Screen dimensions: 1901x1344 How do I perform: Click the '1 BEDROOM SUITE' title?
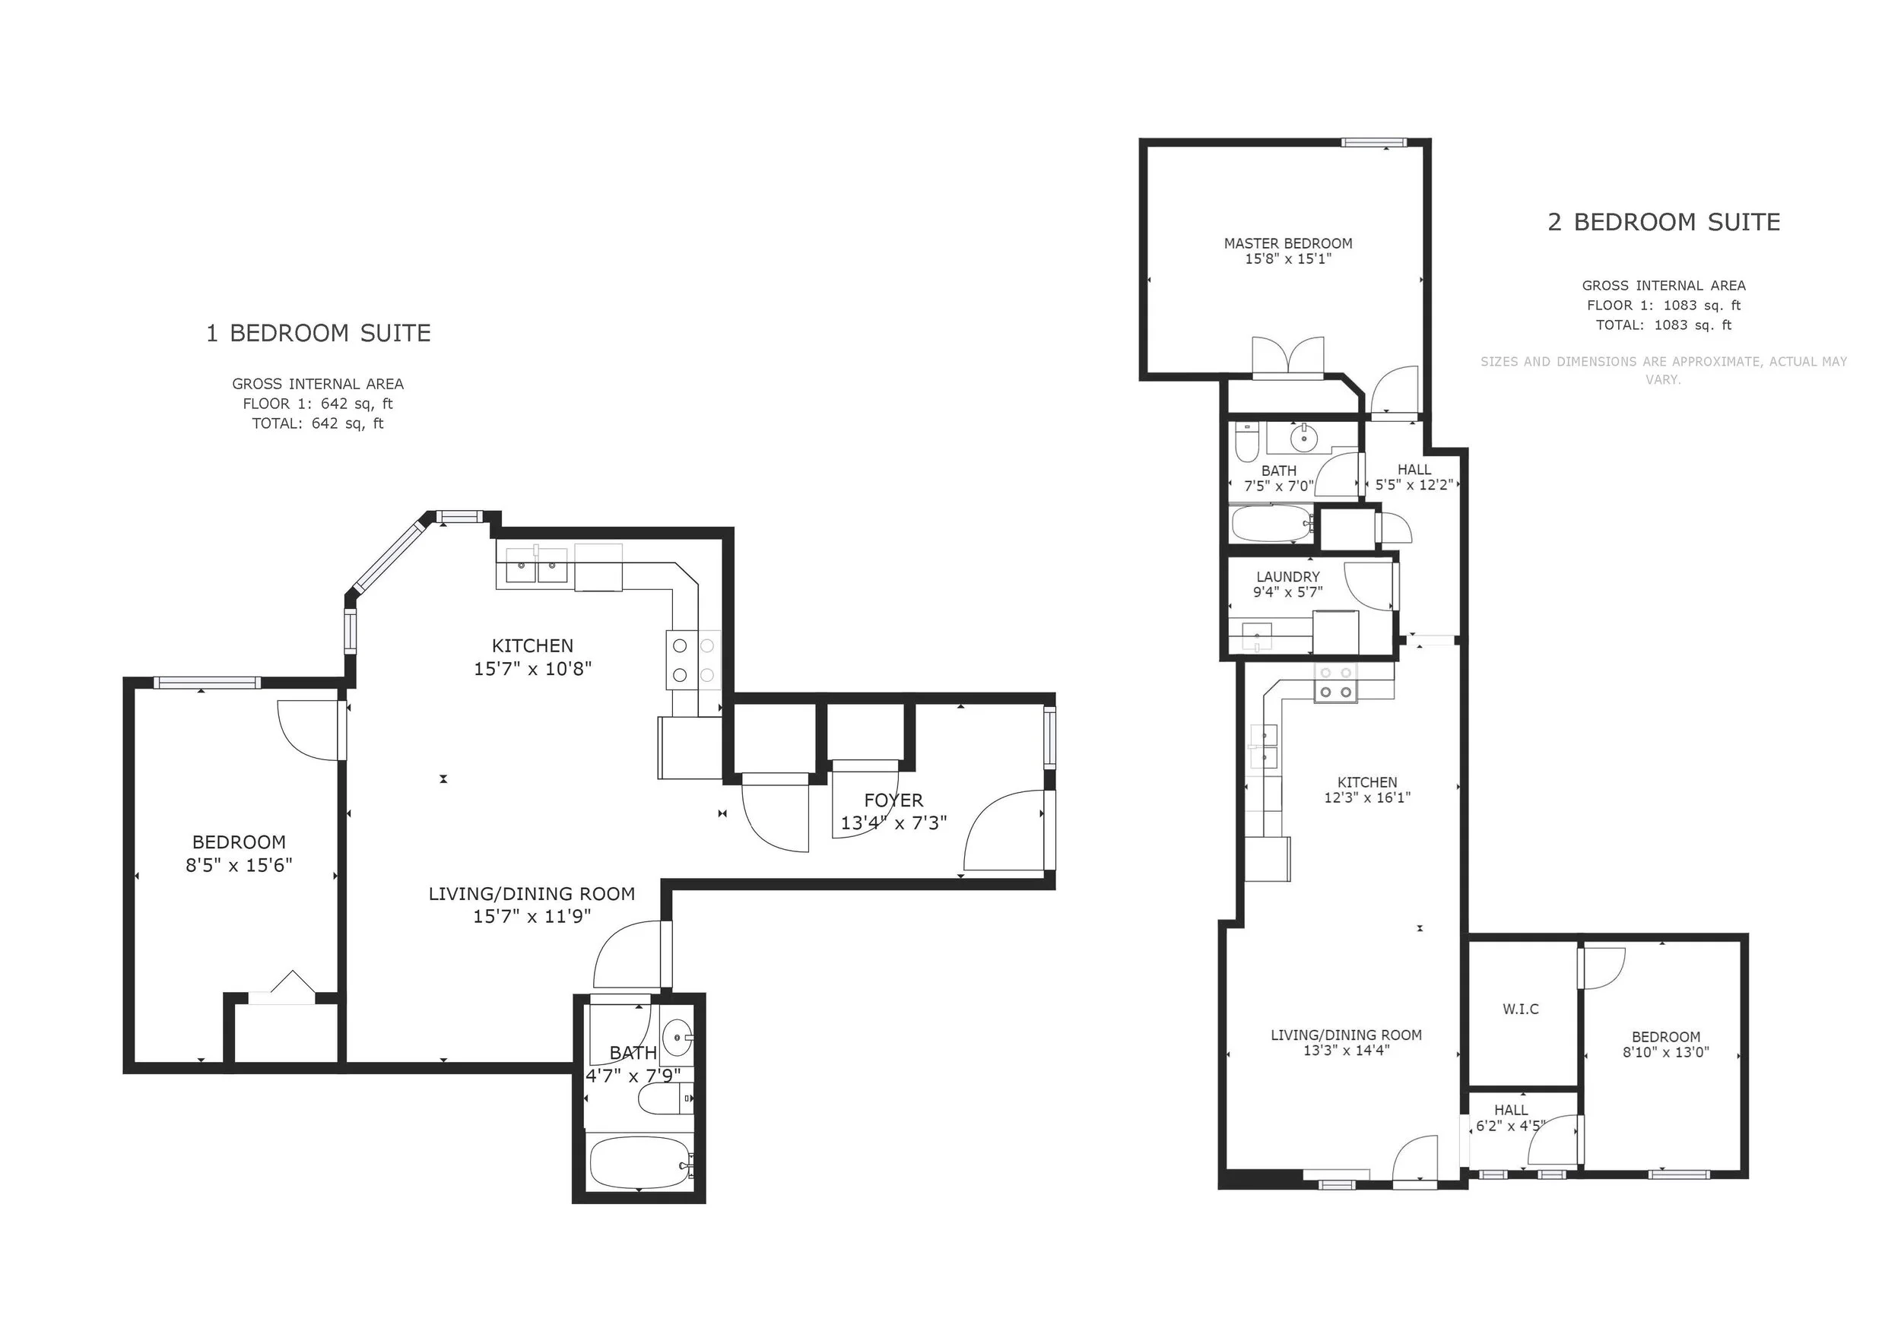tap(319, 334)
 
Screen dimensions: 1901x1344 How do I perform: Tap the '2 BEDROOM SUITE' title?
tap(1665, 223)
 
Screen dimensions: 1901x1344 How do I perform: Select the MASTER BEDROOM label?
tap(1288, 243)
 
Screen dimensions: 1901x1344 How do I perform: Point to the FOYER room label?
tap(893, 800)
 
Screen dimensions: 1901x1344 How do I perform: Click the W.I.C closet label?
tap(1521, 1009)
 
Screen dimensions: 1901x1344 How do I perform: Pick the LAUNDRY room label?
tap(1287, 577)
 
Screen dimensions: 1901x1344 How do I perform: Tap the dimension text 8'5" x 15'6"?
tap(240, 866)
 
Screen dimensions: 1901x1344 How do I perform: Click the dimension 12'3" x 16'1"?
tap(1367, 797)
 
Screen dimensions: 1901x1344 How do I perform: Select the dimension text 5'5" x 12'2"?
tap(1414, 485)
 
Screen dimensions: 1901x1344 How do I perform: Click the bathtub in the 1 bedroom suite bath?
tap(639, 1161)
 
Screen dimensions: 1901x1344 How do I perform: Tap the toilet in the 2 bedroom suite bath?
tap(1246, 442)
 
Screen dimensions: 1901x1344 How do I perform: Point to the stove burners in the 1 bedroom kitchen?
tap(693, 661)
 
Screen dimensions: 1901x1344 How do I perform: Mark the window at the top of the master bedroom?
tap(1374, 142)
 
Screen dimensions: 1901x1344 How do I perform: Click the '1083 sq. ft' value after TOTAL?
tap(1693, 325)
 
